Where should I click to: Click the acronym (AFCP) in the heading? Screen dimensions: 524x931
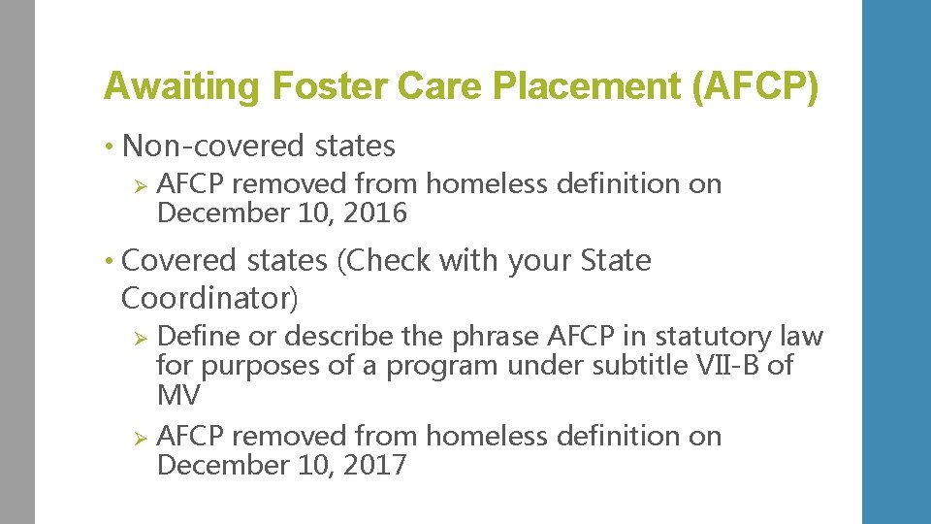point(755,87)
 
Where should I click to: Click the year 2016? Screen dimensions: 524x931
point(374,213)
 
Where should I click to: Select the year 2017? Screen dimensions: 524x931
point(374,466)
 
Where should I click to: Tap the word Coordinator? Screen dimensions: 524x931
point(207,298)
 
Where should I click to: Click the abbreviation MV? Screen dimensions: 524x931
point(178,395)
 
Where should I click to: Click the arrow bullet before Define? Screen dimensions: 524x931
point(139,338)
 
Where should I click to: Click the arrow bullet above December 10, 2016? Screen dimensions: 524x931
point(139,184)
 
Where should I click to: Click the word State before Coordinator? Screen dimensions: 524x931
point(616,261)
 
